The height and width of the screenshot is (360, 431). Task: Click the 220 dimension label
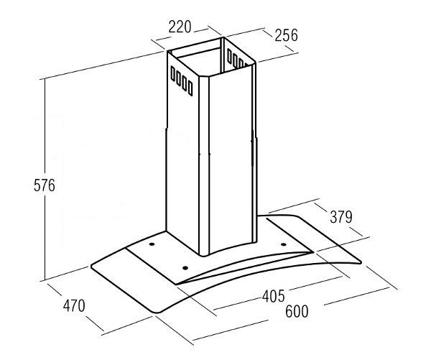(x=180, y=27)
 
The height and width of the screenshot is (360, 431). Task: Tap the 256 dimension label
(x=286, y=35)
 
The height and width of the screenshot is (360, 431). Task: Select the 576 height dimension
(x=45, y=185)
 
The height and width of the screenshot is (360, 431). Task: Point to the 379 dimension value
(x=340, y=217)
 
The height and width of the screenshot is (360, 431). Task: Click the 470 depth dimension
(x=74, y=305)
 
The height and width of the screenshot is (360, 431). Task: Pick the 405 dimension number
(x=274, y=296)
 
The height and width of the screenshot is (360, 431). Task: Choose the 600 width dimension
(x=297, y=312)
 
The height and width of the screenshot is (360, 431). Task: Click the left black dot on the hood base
(x=152, y=244)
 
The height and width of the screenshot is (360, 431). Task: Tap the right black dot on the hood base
(x=284, y=244)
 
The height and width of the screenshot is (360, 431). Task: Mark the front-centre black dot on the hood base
(x=185, y=268)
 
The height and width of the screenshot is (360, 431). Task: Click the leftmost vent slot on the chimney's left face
(x=173, y=73)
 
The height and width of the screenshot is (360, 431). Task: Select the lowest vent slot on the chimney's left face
(x=190, y=88)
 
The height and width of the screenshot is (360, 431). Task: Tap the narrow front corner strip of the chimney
(x=204, y=165)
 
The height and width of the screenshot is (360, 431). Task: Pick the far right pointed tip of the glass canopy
(x=361, y=262)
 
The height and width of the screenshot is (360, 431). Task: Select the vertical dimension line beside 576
(x=45, y=180)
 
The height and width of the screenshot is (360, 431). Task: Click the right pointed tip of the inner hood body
(x=312, y=251)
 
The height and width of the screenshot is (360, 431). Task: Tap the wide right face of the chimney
(x=231, y=157)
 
